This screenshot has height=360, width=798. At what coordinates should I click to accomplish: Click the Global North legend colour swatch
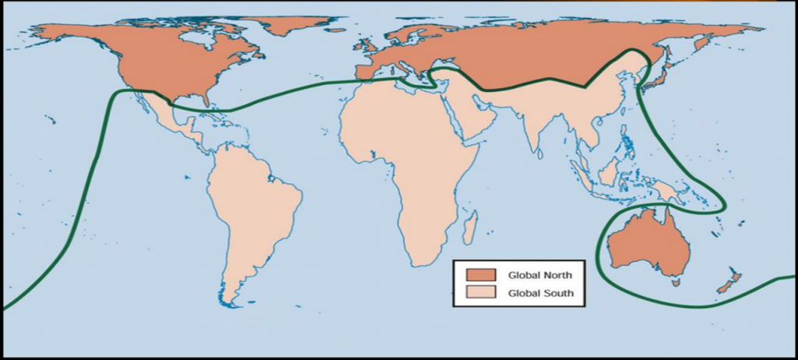482,275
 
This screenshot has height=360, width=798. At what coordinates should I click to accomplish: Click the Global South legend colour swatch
482,293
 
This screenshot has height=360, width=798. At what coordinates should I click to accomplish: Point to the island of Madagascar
470,228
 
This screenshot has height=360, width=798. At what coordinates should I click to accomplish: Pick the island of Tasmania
676,283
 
